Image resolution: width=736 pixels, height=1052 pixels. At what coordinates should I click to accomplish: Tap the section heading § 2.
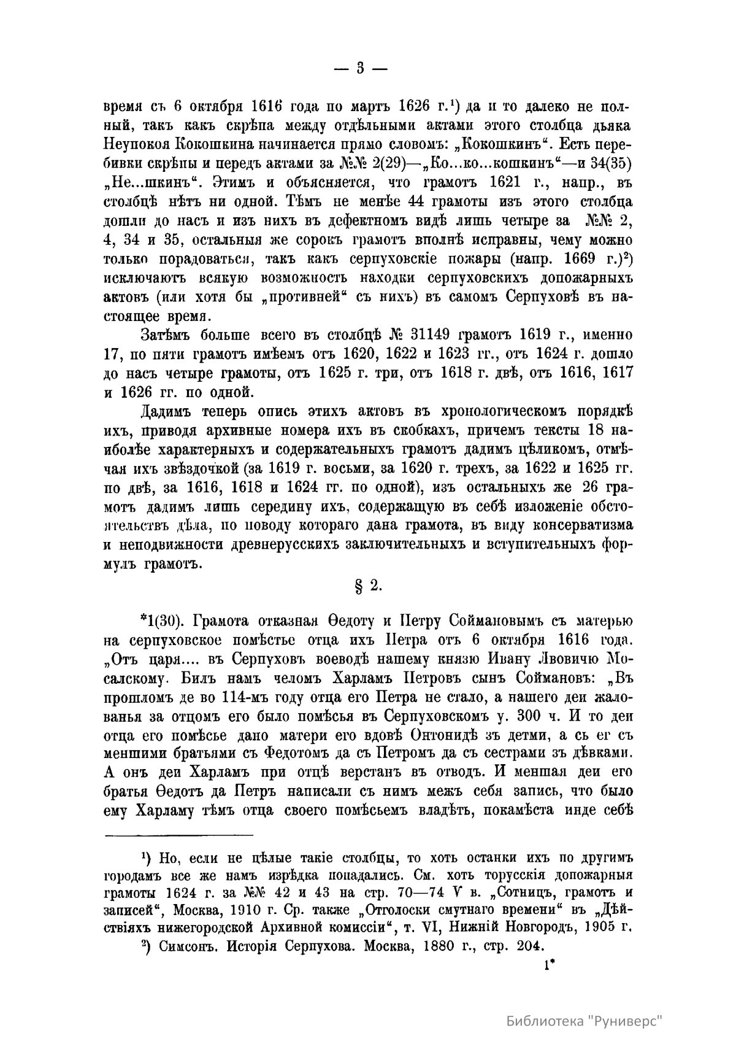click(369, 586)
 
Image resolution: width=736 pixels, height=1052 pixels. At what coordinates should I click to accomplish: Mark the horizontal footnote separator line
click(180, 834)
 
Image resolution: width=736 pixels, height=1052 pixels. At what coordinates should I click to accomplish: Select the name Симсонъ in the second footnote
click(187, 946)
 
